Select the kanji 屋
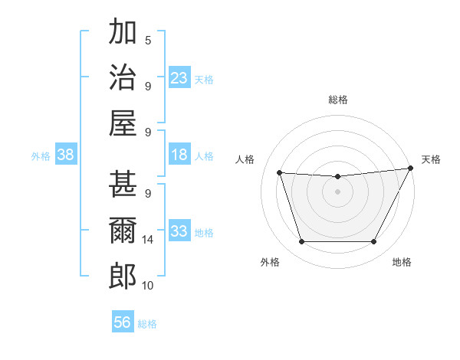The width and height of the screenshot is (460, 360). coord(123,123)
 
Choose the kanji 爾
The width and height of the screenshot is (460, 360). coord(123,231)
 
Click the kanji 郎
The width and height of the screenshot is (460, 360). coord(123,277)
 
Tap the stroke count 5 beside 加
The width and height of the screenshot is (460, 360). coord(148,40)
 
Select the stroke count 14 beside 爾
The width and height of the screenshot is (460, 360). coord(148,240)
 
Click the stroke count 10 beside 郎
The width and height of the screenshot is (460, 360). coord(148,286)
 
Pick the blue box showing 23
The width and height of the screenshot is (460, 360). coord(179,78)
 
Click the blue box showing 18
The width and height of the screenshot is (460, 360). coord(179,155)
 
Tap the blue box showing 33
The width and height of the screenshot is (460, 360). coord(179,232)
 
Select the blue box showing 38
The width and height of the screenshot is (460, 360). coord(65,155)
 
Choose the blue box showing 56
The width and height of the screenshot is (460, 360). coord(122,323)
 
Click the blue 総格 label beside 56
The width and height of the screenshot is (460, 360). coord(148,324)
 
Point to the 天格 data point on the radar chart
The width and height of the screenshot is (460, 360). coord(411,169)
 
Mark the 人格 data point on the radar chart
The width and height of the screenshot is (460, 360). coord(280,173)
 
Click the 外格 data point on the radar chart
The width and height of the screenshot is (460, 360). coord(301,242)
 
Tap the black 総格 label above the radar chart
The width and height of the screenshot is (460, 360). coord(337,100)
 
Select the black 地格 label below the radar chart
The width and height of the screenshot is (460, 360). coord(402,263)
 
